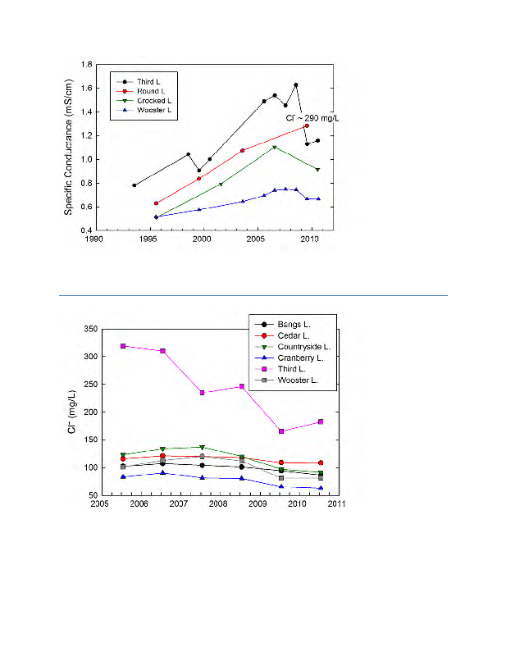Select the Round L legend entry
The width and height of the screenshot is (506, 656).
click(146, 91)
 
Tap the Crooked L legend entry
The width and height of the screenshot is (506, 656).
click(148, 101)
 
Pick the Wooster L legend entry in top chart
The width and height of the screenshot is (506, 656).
click(148, 111)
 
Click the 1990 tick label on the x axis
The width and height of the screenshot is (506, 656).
click(95, 240)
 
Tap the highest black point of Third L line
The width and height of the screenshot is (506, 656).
click(295, 84)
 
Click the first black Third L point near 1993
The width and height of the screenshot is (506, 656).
click(134, 185)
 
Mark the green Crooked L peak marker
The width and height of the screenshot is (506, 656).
click(274, 148)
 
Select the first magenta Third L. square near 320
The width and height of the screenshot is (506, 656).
click(123, 346)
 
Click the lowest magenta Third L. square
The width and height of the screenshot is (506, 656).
click(281, 431)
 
